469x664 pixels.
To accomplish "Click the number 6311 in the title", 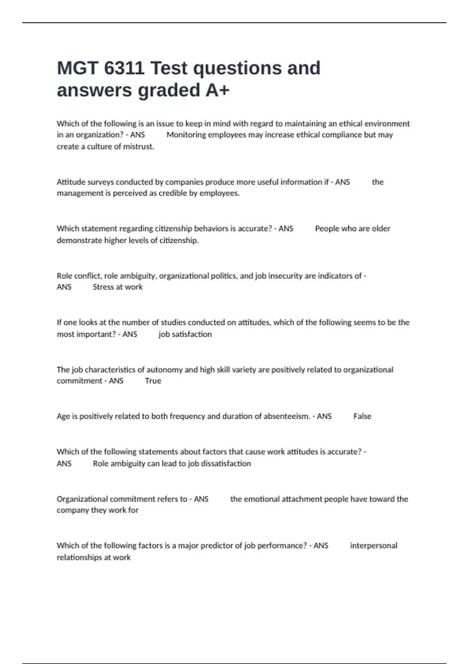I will pyautogui.click(x=124, y=68).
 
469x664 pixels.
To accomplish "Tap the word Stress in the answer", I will pyautogui.click(x=103, y=287).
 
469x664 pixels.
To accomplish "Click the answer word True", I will pyautogui.click(x=153, y=381).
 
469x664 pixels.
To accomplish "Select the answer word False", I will pyautogui.click(x=362, y=416).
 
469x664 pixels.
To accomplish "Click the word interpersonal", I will pyautogui.click(x=373, y=546).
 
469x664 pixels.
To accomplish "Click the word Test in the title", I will pyautogui.click(x=168, y=68).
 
